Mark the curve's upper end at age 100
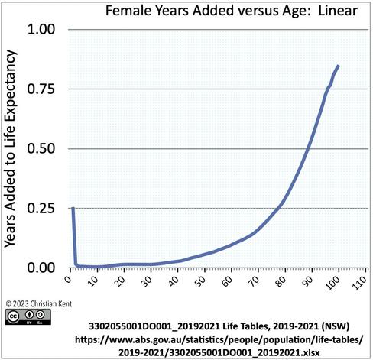[x=339, y=66]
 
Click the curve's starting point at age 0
[x=73, y=208]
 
